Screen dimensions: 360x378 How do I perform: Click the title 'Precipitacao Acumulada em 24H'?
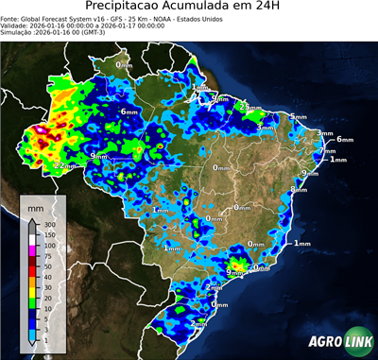click(x=189, y=9)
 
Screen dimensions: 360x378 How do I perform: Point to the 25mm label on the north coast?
click(x=249, y=107)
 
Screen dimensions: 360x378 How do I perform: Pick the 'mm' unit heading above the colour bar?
click(x=35, y=204)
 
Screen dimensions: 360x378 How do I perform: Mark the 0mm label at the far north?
click(x=124, y=64)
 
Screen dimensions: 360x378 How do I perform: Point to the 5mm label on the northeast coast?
click(x=298, y=116)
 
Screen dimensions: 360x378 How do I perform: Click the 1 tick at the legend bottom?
click(x=44, y=337)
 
